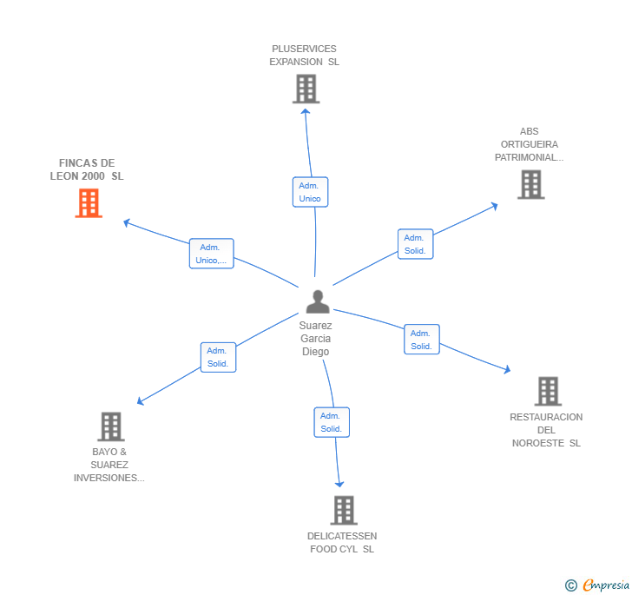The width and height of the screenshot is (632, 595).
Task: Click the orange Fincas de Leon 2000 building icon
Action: pos(89,203)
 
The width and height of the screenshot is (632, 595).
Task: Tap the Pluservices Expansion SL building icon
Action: pos(306,89)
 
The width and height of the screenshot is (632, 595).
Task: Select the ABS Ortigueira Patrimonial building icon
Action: pos(530,184)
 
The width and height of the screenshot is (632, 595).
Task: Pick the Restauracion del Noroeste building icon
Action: pos(548,391)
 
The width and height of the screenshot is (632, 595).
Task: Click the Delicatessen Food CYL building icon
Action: pos(344,510)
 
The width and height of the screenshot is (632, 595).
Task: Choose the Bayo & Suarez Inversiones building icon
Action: pos(110,426)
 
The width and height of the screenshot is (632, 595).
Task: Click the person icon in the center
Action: pos(318,301)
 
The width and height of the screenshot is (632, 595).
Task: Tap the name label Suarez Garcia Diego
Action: pos(316,339)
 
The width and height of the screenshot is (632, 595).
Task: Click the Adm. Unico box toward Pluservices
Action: pos(310,192)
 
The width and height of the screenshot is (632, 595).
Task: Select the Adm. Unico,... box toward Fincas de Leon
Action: pos(211,254)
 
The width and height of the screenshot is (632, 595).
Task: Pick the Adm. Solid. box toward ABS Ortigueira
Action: pos(415,244)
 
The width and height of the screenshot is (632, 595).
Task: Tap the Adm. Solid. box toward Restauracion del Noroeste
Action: pos(421,340)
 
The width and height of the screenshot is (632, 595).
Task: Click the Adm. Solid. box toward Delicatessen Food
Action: pos(331,422)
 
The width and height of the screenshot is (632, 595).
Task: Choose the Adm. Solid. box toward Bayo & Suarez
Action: pos(218,357)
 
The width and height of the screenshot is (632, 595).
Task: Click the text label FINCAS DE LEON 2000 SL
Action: pos(87,169)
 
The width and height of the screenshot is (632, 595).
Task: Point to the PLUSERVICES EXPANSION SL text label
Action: pos(304,56)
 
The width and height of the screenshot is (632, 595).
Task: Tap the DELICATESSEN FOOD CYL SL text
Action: pos(342,542)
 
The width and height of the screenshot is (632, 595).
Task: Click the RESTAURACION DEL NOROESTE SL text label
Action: pos(546,430)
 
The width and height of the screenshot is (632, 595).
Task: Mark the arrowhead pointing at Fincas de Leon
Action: pos(126,222)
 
